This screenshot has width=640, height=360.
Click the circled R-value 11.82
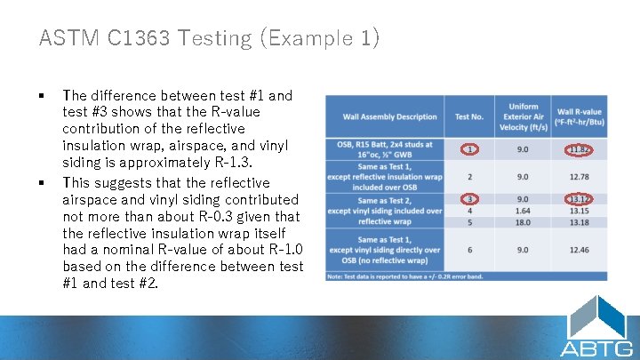pyautogui.click(x=579, y=149)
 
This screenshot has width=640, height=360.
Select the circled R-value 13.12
pyautogui.click(x=579, y=199)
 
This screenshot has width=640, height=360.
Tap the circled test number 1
pyautogui.click(x=469, y=149)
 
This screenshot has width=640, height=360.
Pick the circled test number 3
pyautogui.click(x=469, y=199)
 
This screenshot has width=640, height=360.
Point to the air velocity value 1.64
pyautogui.click(x=524, y=211)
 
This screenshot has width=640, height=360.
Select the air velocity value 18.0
pyautogui.click(x=524, y=222)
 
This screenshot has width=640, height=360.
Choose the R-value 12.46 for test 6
pyautogui.click(x=579, y=251)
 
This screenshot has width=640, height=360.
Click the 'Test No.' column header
pyautogui.click(x=469, y=116)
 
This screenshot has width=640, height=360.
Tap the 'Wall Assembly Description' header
pyautogui.click(x=389, y=116)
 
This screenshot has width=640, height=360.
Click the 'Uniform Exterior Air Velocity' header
pyautogui.click(x=524, y=116)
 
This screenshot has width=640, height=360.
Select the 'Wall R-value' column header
pyautogui.click(x=579, y=116)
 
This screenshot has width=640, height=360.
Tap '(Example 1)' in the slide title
pyautogui.click(x=332, y=38)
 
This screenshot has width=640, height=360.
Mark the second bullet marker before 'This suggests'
pyautogui.click(x=43, y=182)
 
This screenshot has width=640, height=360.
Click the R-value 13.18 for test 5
pyautogui.click(x=579, y=222)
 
